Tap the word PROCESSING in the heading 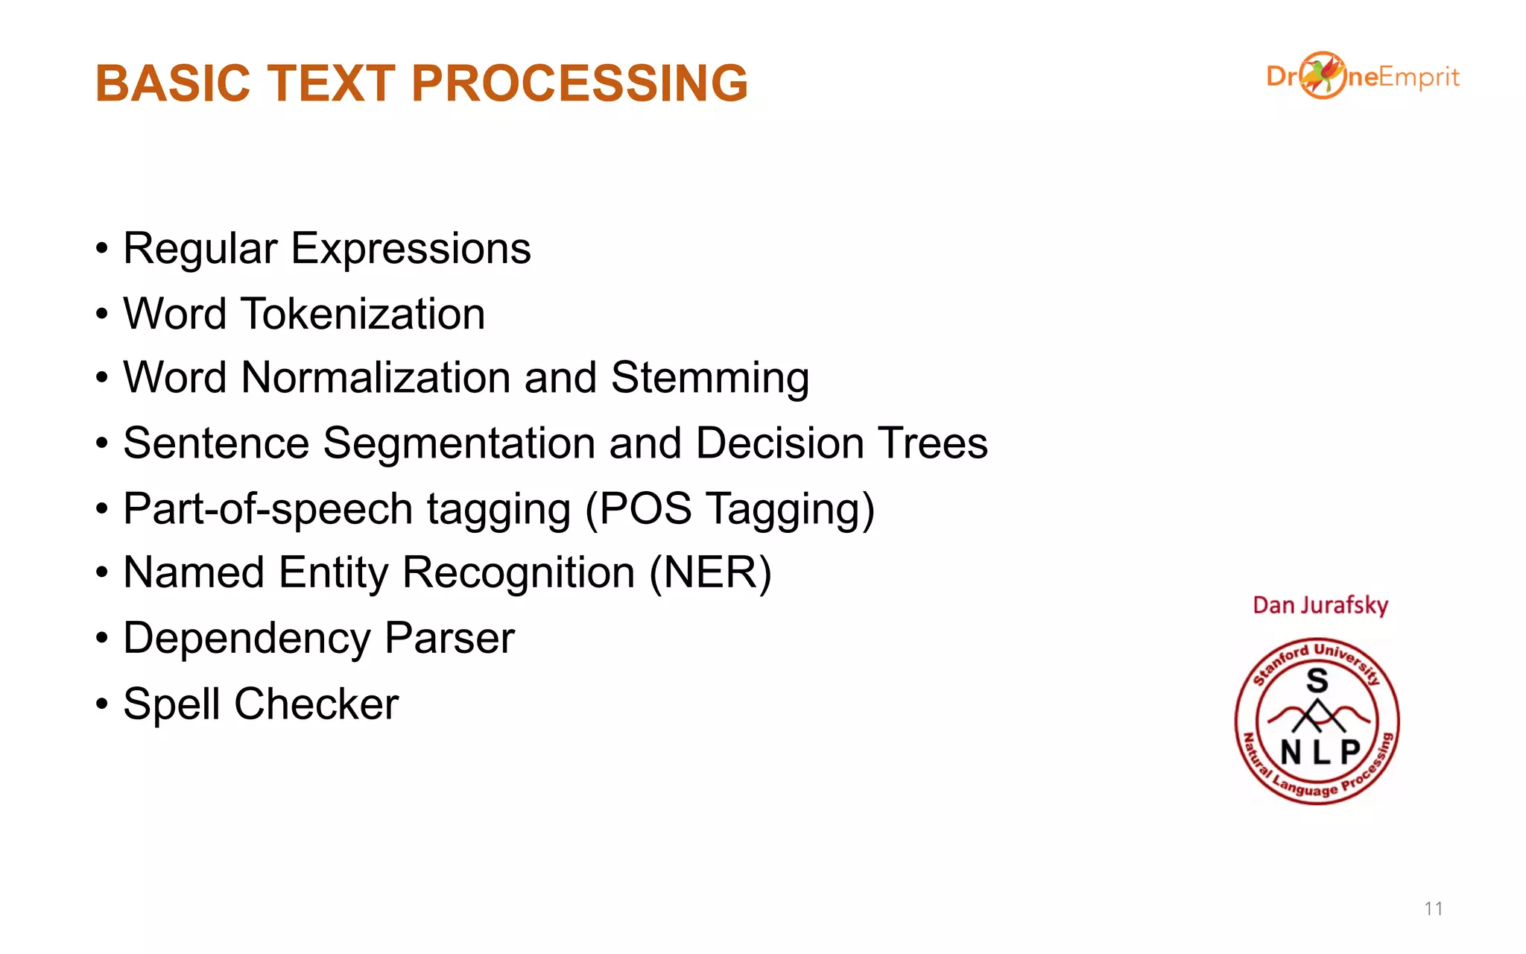pyautogui.click(x=579, y=83)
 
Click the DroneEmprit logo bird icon pyautogui.click(x=1323, y=75)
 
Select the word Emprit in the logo pyautogui.click(x=1418, y=78)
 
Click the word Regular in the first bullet pyautogui.click(x=200, y=249)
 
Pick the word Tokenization pyautogui.click(x=363, y=314)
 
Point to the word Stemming pyautogui.click(x=709, y=379)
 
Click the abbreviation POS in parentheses pyautogui.click(x=645, y=509)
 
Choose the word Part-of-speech pyautogui.click(x=267, y=510)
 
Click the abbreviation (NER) pyautogui.click(x=710, y=573)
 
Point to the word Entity pyautogui.click(x=333, y=573)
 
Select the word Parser pyautogui.click(x=449, y=639)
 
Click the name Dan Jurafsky pyautogui.click(x=1320, y=605)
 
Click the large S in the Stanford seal pyautogui.click(x=1317, y=680)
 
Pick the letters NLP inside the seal pyautogui.click(x=1320, y=752)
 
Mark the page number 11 pyautogui.click(x=1433, y=909)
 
